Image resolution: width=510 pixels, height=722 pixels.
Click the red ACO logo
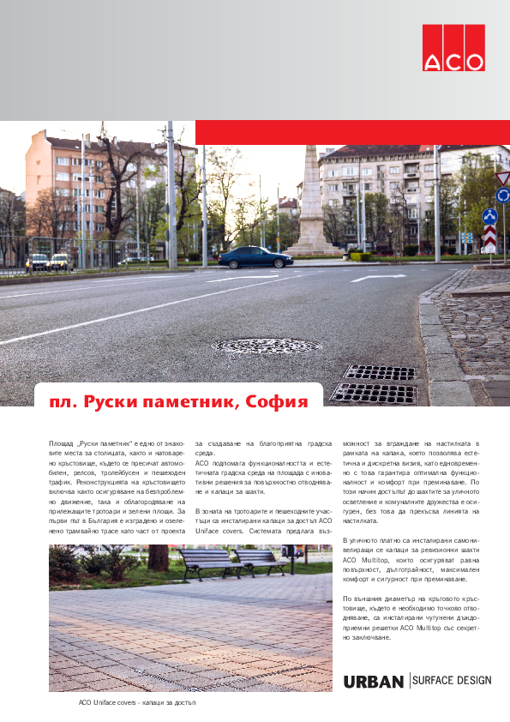click(x=453, y=47)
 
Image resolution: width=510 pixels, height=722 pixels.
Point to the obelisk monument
click(x=312, y=202)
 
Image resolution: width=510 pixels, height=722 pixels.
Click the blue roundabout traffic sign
click(x=489, y=217)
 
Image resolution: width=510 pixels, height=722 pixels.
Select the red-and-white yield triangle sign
click(x=502, y=177)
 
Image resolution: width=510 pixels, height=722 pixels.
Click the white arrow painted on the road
click(x=378, y=278)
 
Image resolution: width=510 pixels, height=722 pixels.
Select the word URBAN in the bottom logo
click(x=373, y=682)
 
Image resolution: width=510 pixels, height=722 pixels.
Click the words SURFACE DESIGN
click(x=453, y=681)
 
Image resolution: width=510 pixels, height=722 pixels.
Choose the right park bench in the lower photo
click(x=260, y=559)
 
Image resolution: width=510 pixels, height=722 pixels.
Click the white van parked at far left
click(x=38, y=262)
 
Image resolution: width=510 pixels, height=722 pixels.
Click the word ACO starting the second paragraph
click(x=202, y=462)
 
